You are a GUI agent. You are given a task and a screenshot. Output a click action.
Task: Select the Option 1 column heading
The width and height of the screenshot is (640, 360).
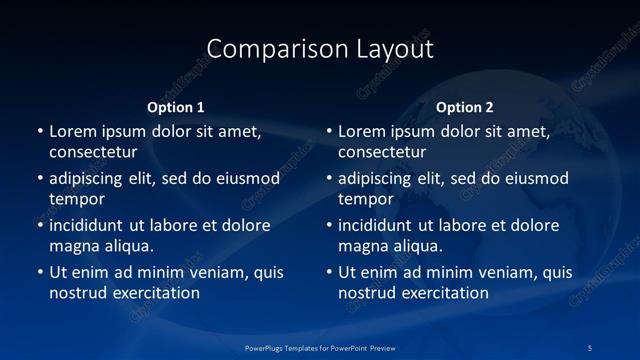[x=176, y=107]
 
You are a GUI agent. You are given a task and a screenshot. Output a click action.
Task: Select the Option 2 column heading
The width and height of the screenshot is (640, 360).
[x=465, y=107]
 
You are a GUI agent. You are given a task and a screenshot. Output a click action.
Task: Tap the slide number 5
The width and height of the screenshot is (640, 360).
[x=591, y=347]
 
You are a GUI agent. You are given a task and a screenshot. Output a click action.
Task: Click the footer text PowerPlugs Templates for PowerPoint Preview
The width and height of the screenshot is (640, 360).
[x=319, y=347]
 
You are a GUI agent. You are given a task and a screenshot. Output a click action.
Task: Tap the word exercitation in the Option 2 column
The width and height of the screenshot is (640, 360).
[x=441, y=293]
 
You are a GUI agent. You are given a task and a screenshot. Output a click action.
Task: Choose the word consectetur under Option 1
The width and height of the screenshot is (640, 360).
[x=93, y=153]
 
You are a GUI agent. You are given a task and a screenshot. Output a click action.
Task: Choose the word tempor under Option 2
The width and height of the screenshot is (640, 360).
[x=366, y=200]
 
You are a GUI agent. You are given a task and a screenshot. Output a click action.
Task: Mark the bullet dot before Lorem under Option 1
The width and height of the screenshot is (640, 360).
[x=40, y=131]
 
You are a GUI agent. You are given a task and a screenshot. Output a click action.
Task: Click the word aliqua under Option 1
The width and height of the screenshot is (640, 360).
[x=129, y=246]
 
